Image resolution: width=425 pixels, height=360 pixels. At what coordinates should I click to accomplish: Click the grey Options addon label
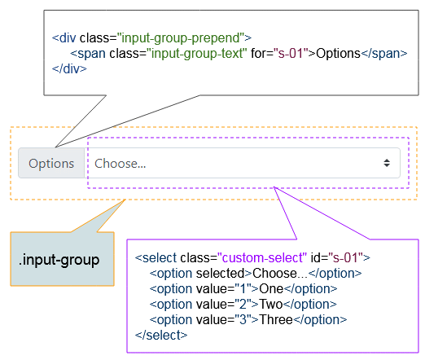point(51,164)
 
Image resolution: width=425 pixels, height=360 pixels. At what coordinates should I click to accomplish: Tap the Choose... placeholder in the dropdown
point(120,164)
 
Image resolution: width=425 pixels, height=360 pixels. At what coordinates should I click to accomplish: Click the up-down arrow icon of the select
point(387,163)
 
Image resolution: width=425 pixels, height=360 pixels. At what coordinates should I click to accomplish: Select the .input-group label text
point(59,260)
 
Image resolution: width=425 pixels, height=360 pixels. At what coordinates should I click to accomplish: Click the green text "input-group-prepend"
point(181,38)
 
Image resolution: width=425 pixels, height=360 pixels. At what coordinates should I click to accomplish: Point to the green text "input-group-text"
point(197,54)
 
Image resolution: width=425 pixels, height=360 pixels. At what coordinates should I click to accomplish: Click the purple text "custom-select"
point(262,257)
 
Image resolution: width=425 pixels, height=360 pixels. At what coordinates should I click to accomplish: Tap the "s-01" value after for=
point(291,54)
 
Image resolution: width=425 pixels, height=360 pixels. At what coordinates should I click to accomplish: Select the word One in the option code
point(271,289)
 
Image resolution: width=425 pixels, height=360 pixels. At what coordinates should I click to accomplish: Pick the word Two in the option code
point(271,305)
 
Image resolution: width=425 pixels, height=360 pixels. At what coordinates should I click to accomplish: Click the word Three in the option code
point(276,320)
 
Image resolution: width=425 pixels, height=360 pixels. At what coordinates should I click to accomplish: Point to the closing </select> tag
point(161,336)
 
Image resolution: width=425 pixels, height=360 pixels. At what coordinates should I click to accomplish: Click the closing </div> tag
point(69,69)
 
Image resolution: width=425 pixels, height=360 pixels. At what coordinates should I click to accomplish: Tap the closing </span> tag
point(384,54)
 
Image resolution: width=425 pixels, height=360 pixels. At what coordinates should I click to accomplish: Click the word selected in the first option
point(221,274)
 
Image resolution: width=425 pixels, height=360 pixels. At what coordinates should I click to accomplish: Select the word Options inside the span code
point(338,54)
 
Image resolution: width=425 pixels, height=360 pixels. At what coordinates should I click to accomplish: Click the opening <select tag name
point(156,257)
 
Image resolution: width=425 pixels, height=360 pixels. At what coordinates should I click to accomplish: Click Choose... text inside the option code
point(280,274)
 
